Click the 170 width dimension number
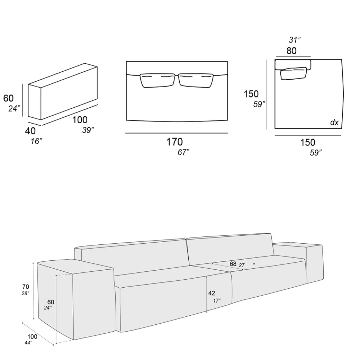tap(175, 142)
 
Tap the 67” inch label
tap(184, 152)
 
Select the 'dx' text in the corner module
tap(334, 123)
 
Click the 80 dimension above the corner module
tap(291, 51)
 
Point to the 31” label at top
tap(295, 40)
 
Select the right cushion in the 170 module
tap(196, 80)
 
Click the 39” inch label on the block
tap(88, 130)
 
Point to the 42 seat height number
tap(212, 293)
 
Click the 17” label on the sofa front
tap(217, 300)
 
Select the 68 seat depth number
tap(233, 264)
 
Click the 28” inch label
tap(25, 293)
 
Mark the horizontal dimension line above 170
tap(176, 133)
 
